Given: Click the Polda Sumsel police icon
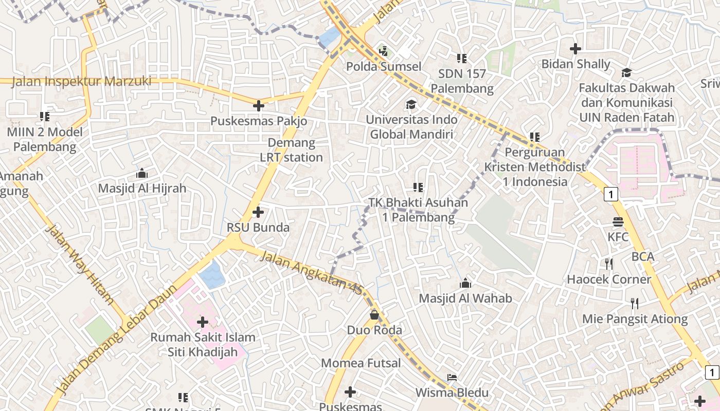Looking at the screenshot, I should [x=383, y=51].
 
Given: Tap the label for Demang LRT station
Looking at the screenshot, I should [x=291, y=150].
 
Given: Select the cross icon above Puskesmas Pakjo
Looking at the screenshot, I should [x=259, y=106].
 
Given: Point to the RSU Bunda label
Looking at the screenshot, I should [x=258, y=227].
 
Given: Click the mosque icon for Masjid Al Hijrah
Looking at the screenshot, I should [x=142, y=173].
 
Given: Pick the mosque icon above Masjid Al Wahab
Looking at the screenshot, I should [x=465, y=283].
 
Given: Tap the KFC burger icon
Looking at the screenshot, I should [x=618, y=222].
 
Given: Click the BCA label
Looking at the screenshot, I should [x=643, y=256].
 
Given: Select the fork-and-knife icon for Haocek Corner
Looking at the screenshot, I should [x=609, y=264].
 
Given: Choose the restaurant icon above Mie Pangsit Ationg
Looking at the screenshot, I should [x=635, y=304].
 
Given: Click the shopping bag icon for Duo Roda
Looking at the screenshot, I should [x=374, y=314].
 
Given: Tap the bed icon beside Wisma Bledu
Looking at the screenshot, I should [x=452, y=378].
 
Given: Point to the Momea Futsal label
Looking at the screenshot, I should [x=361, y=363].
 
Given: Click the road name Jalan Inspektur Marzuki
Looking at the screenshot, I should [x=81, y=81].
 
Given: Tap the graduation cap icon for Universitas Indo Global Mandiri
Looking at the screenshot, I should [x=411, y=104].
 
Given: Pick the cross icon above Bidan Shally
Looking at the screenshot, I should [x=575, y=49].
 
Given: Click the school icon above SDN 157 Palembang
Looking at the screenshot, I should [x=461, y=59].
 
